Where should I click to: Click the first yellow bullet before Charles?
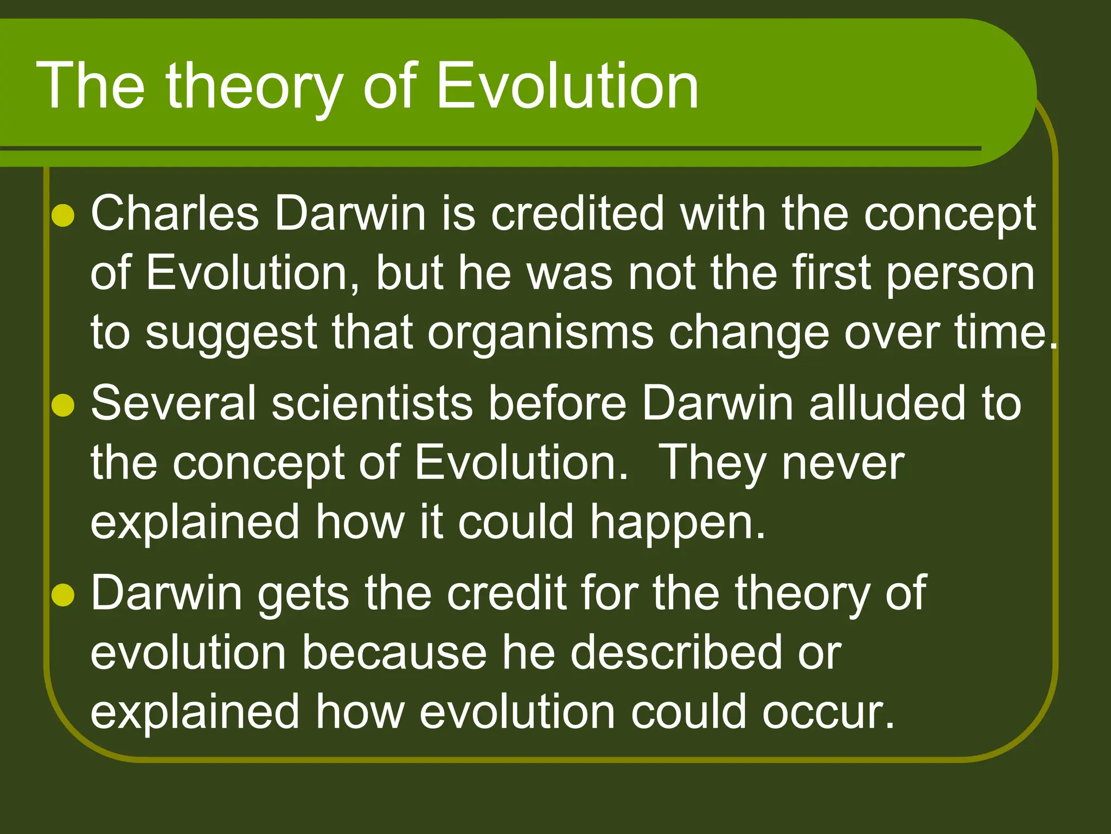[63, 216]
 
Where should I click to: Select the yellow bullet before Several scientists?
[63, 405]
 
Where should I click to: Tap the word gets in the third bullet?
[303, 594]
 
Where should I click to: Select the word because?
[394, 653]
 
